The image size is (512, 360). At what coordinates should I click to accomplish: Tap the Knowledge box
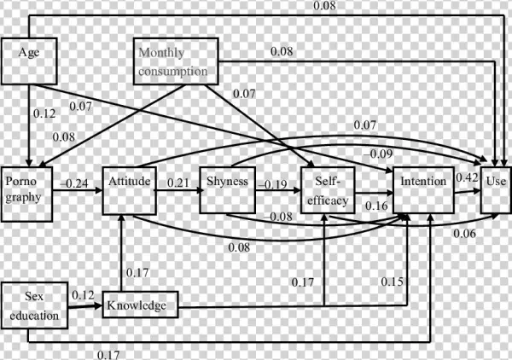click(x=141, y=303)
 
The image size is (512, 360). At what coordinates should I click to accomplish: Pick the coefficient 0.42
click(x=466, y=178)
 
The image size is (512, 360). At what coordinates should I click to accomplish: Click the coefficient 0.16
click(x=375, y=206)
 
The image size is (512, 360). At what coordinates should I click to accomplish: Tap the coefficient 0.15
click(x=392, y=282)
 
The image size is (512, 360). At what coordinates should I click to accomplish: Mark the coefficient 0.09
click(x=381, y=154)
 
